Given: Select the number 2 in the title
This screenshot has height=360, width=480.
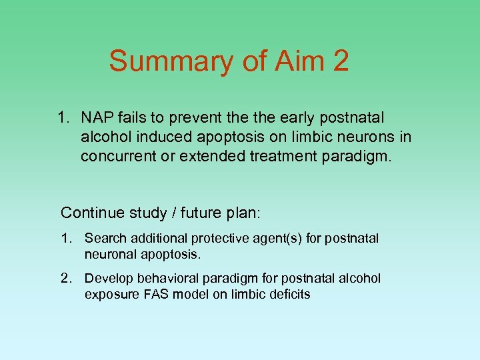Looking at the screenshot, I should coord(339,61).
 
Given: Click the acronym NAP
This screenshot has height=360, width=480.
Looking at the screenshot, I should coord(96,118).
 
